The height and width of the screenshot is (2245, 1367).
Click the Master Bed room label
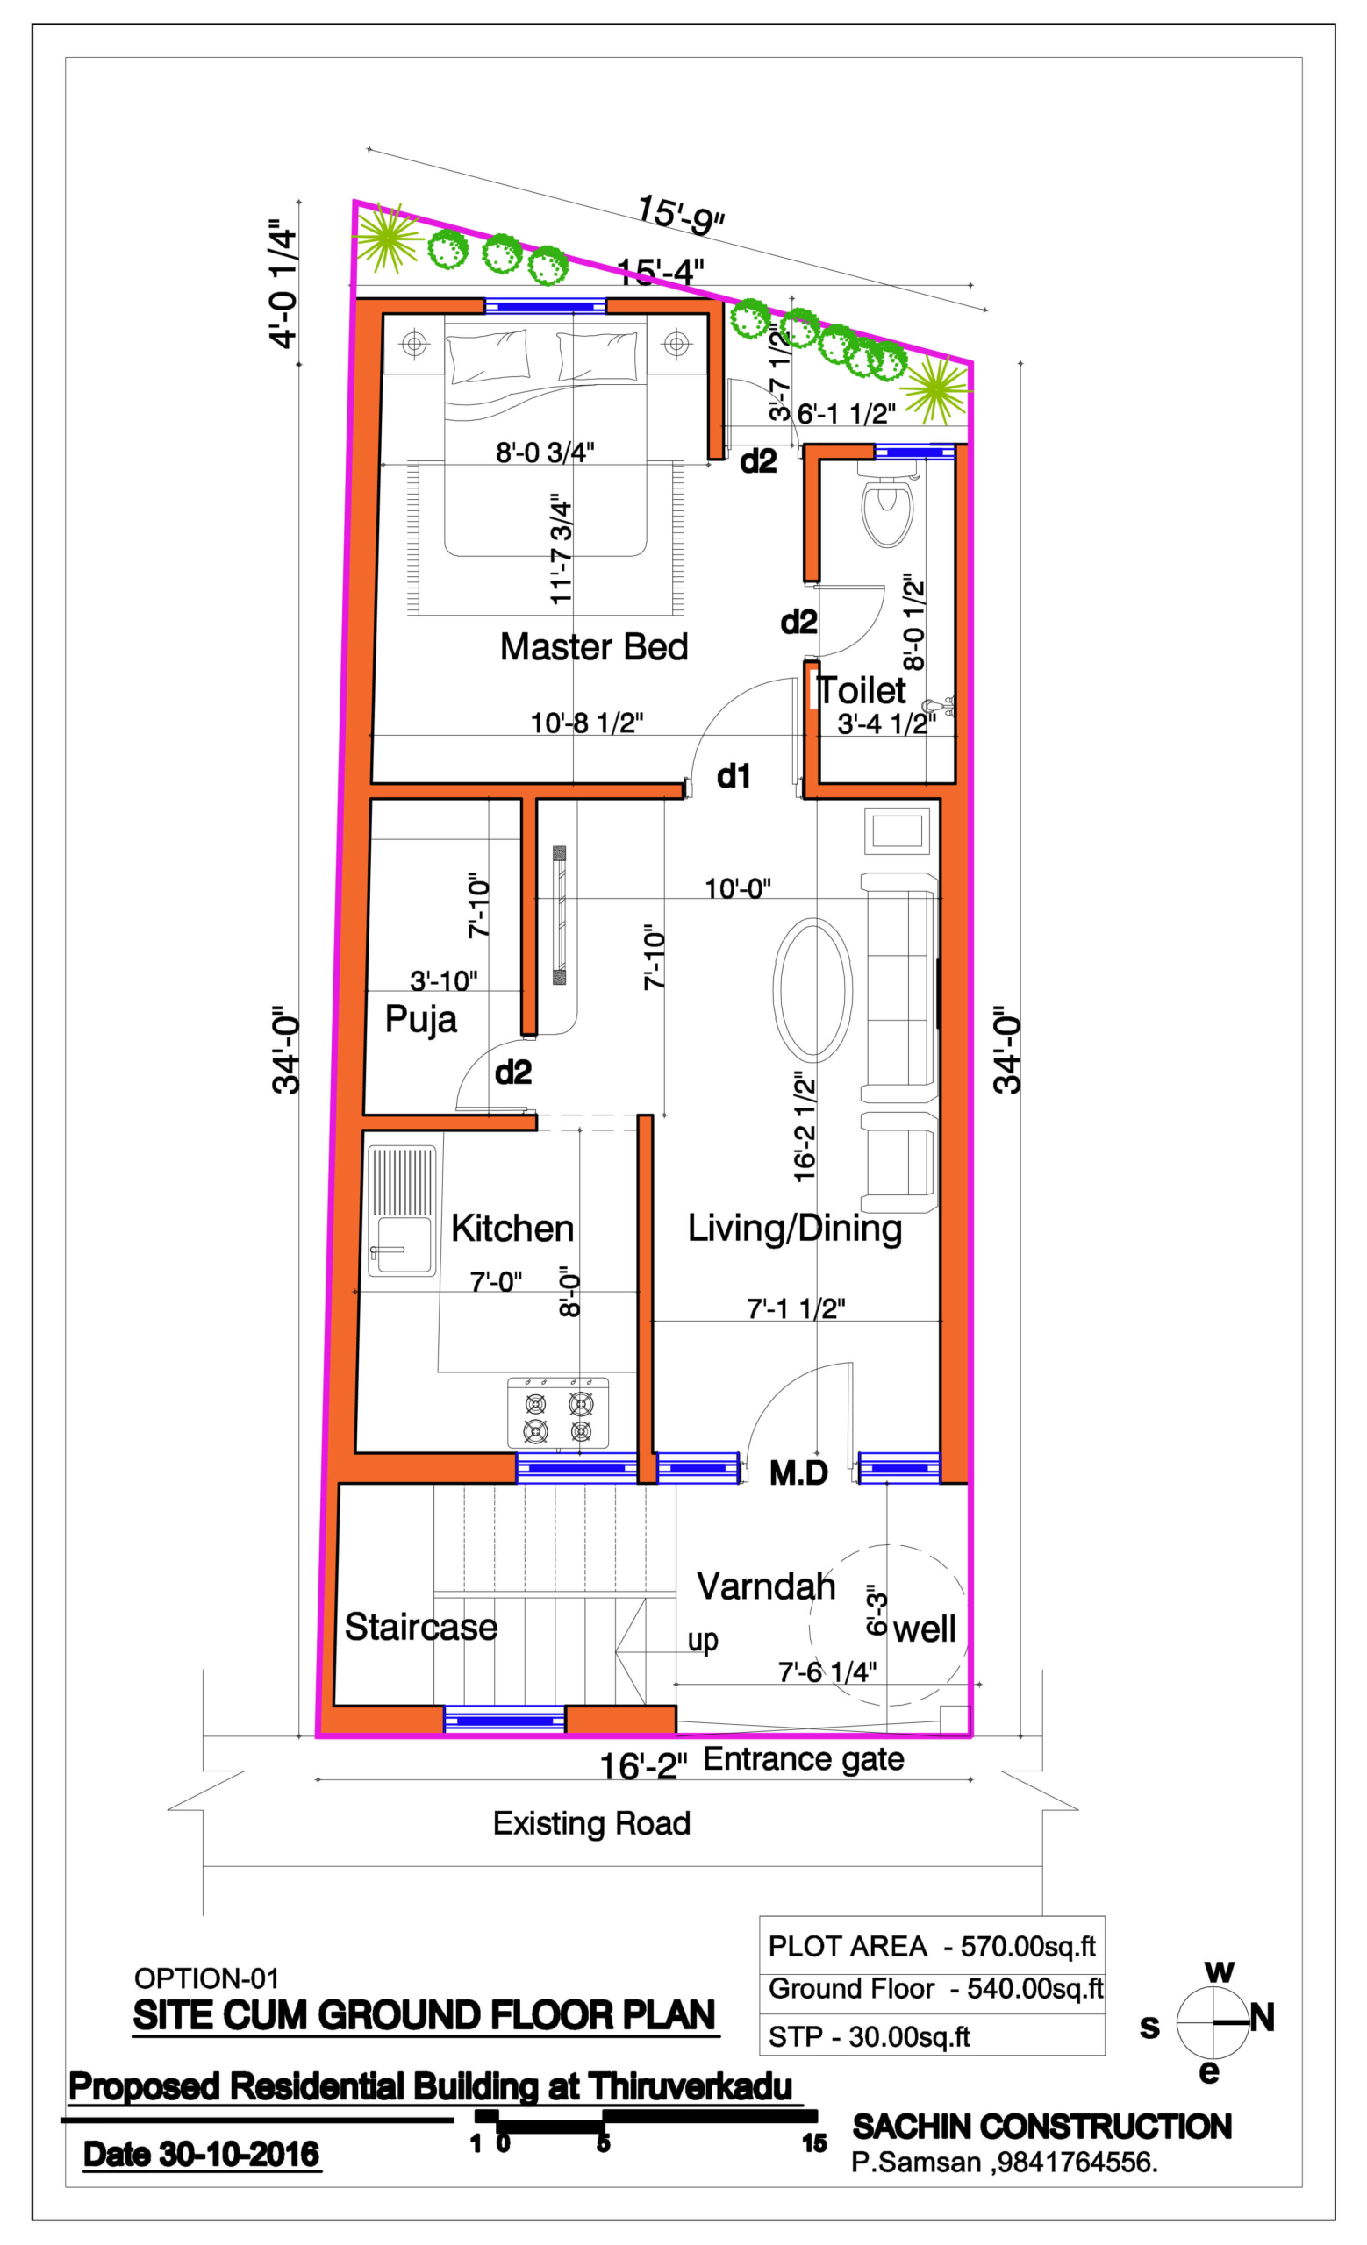click(x=593, y=647)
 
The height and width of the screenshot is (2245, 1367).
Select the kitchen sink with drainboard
click(x=402, y=1211)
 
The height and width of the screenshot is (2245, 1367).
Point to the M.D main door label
click(x=798, y=1472)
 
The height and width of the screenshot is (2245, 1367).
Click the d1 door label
click(x=734, y=776)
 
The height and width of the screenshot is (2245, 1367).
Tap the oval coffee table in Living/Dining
click(x=812, y=989)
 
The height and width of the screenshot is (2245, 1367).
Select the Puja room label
click(x=420, y=1018)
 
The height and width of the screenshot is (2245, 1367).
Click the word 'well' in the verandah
click(x=924, y=1629)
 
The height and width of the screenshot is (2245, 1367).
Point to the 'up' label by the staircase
click(x=703, y=1639)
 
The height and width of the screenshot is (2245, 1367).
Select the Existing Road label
click(x=591, y=1822)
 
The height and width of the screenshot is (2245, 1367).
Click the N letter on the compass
click(x=1263, y=2017)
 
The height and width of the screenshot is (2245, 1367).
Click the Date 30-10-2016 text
click(x=202, y=2154)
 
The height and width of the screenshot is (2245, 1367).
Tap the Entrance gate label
click(x=804, y=1758)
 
